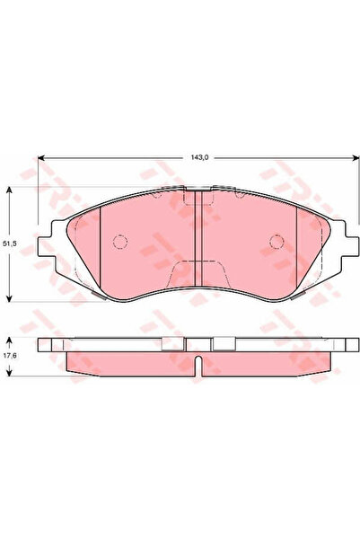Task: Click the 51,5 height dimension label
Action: point(9,243)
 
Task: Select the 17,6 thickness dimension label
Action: point(9,356)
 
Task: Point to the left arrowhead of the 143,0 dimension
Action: point(41,157)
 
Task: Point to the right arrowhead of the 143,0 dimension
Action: point(356,157)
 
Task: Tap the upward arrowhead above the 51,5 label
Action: point(10,190)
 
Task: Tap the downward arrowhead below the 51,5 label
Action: point(10,298)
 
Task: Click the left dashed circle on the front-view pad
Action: point(120,242)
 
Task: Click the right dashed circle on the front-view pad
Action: point(277,242)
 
